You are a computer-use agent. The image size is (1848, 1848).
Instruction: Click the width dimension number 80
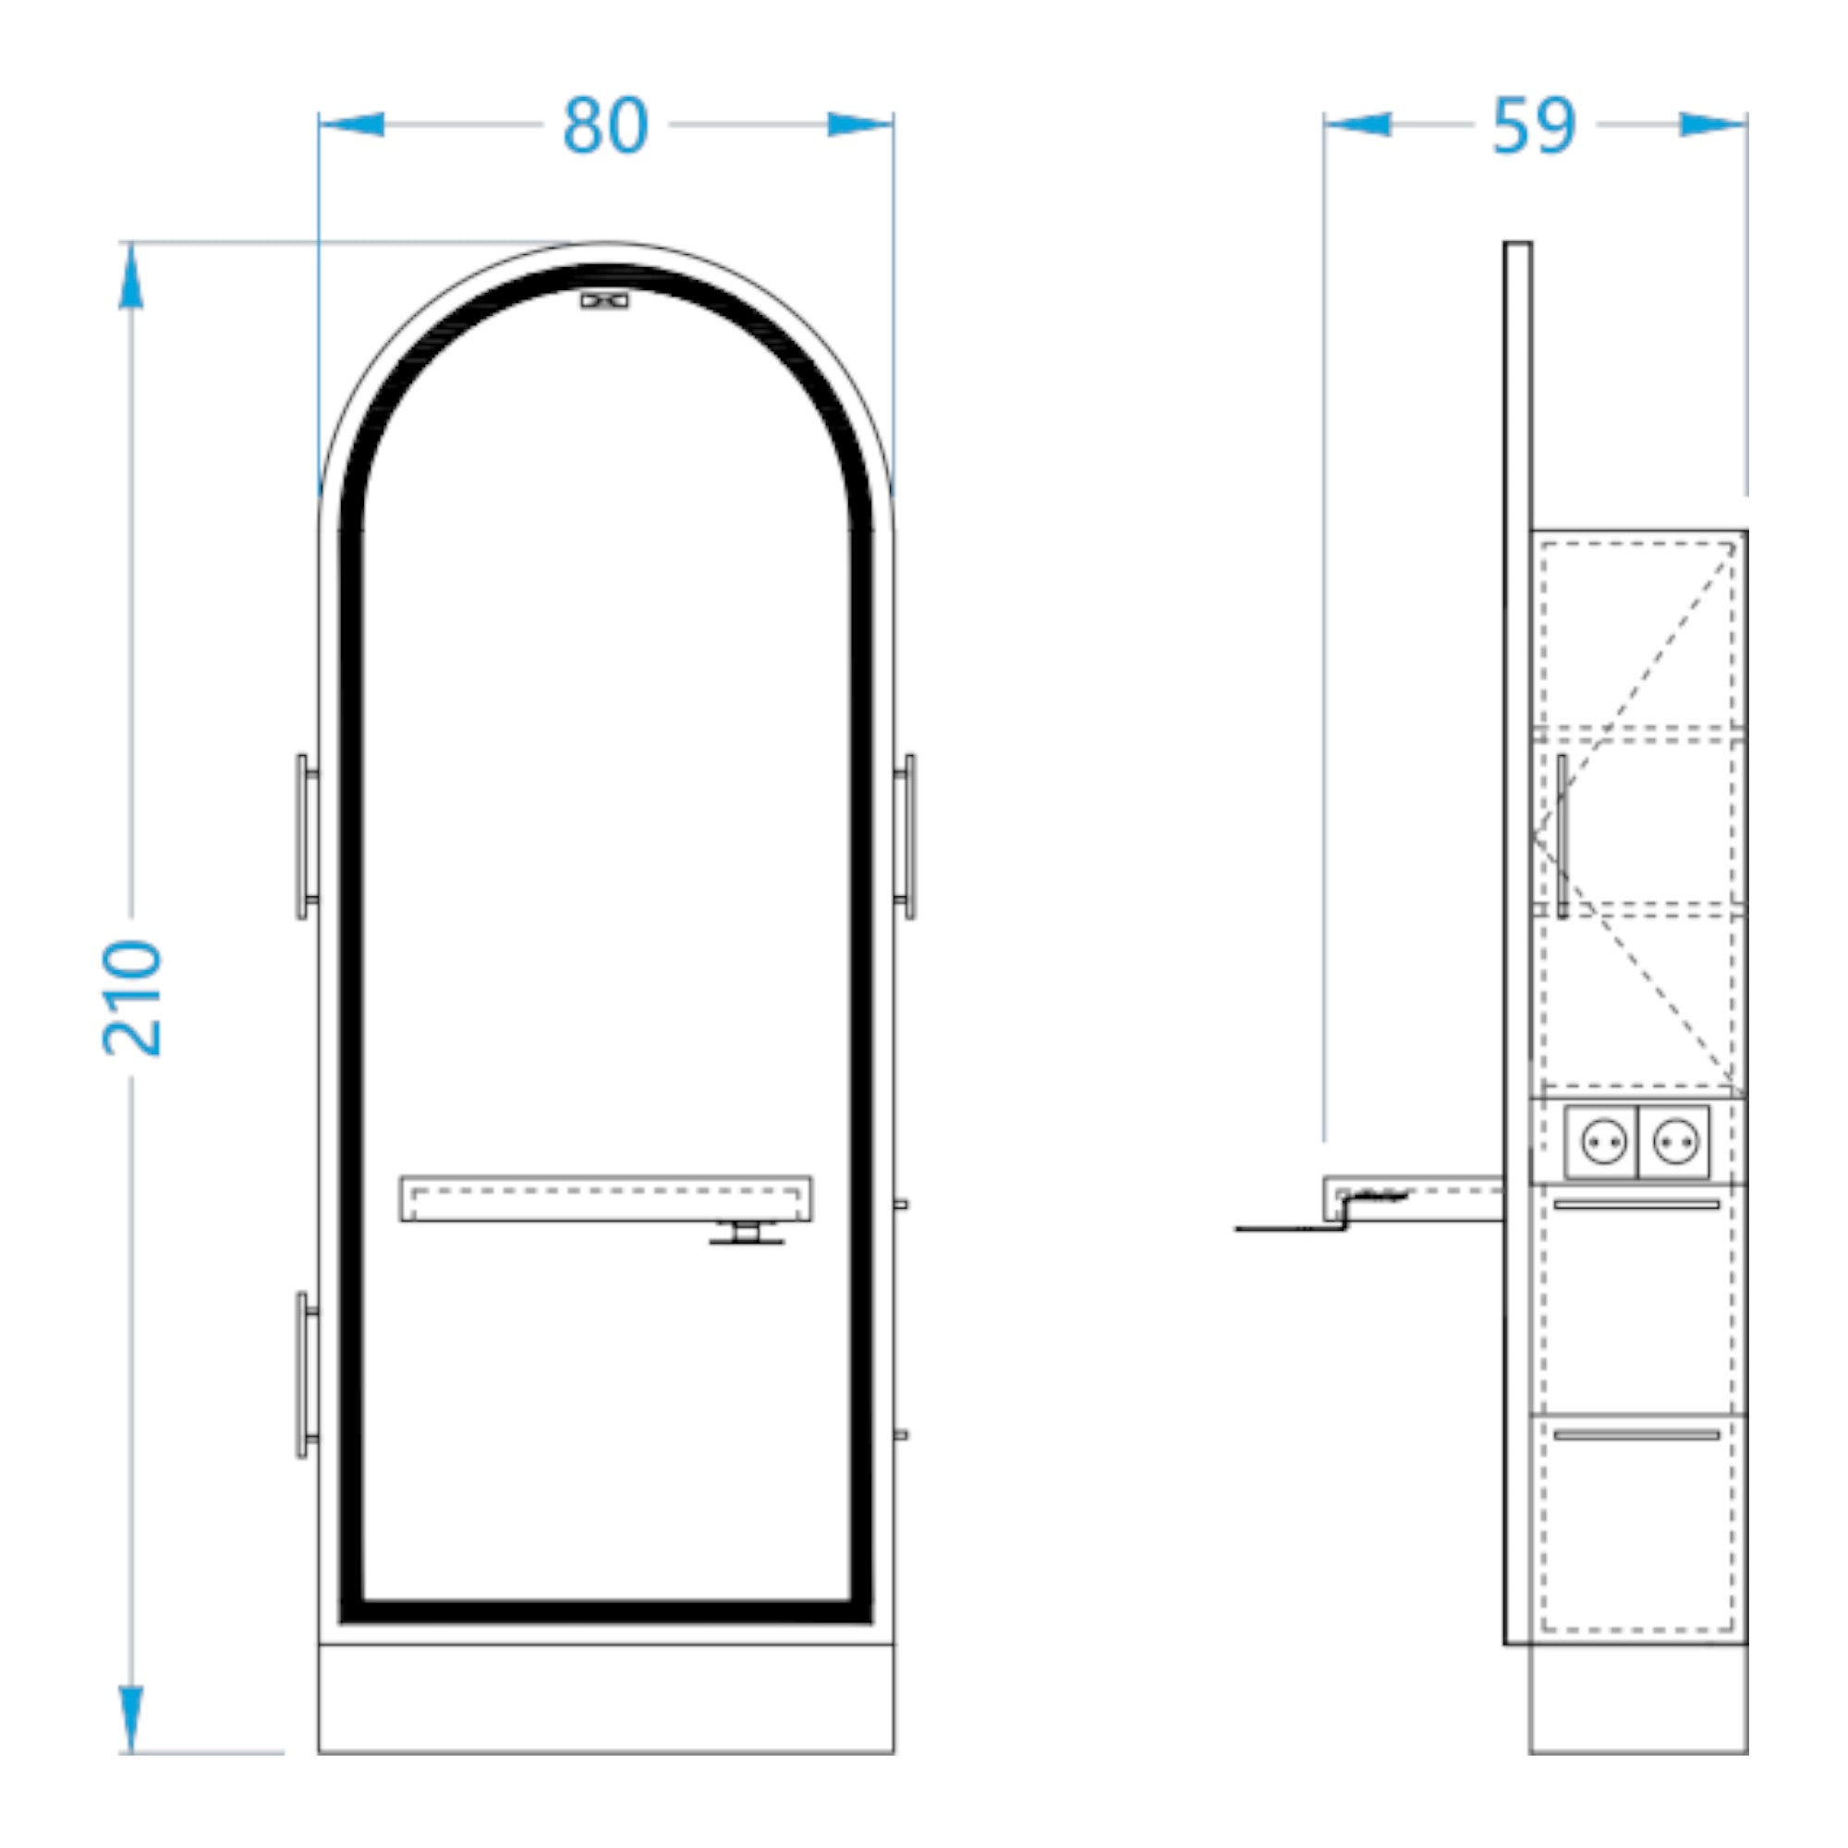click(x=605, y=126)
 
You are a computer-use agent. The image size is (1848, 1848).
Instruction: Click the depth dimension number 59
click(x=1533, y=126)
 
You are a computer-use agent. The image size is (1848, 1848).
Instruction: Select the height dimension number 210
click(x=132, y=999)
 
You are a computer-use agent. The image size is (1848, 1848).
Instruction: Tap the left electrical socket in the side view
click(x=1603, y=1142)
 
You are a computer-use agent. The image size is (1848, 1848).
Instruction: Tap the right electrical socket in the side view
click(x=1674, y=1142)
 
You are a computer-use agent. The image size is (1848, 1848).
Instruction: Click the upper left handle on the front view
click(x=306, y=837)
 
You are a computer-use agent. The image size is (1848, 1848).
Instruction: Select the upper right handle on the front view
click(x=905, y=837)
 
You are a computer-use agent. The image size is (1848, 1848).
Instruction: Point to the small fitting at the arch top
click(x=604, y=300)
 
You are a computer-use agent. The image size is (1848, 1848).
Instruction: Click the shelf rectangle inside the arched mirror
click(x=606, y=1198)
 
